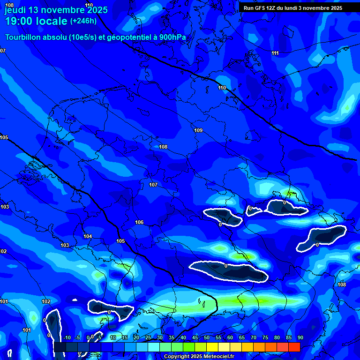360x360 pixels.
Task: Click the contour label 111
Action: click(x=275, y=53)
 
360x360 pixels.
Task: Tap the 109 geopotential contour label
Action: click(x=198, y=130)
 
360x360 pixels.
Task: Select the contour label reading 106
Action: click(x=139, y=222)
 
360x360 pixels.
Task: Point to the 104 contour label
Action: click(x=88, y=236)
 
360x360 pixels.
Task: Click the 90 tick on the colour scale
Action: click(x=300, y=337)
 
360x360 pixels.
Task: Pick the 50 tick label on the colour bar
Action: click(x=207, y=337)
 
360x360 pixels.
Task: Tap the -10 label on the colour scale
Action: click(x=67, y=337)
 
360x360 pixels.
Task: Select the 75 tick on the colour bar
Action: click(x=265, y=337)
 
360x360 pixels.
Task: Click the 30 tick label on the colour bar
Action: click(x=160, y=337)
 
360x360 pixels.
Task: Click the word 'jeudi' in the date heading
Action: click(x=15, y=10)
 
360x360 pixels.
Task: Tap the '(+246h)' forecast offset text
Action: click(x=83, y=21)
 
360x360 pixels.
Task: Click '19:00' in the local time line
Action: click(x=20, y=21)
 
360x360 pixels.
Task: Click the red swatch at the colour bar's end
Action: click(x=294, y=347)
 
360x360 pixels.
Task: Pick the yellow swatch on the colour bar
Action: click(x=212, y=347)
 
